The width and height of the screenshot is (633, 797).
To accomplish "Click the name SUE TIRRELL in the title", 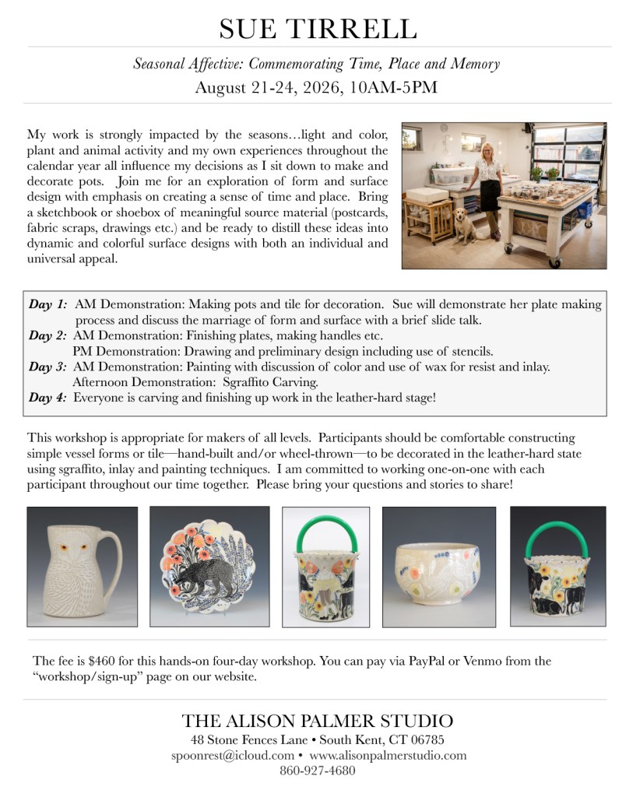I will coord(317,28).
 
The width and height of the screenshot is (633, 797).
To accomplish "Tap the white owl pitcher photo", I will coord(82,566).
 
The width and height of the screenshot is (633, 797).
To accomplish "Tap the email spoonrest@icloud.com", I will coord(233,755).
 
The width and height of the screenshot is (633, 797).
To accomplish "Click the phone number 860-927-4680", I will coord(317,771).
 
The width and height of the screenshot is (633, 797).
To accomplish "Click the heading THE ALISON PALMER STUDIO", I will coord(317,720).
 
